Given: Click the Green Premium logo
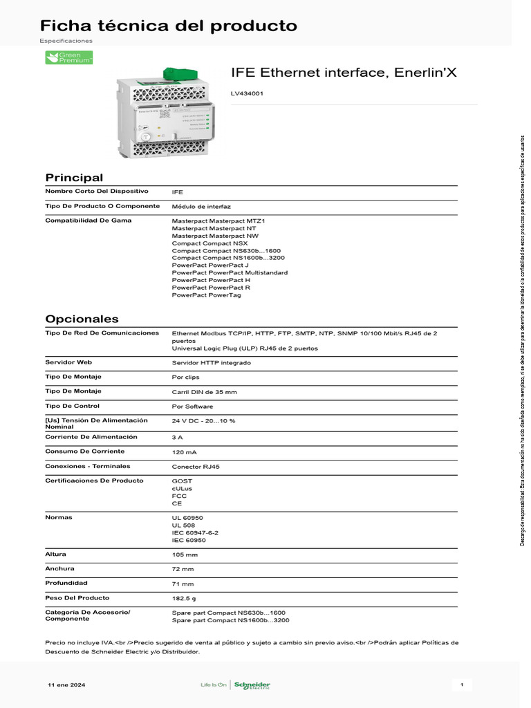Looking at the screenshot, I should (x=69, y=57).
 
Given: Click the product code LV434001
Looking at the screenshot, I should (x=247, y=93).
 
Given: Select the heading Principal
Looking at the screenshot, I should (x=74, y=178).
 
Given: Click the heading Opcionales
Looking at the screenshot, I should (x=82, y=319).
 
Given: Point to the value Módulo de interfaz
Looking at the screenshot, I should (x=201, y=206).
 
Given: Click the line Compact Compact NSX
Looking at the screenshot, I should (x=209, y=243).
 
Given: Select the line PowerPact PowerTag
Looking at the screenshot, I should (x=206, y=295).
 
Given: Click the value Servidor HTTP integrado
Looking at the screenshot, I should (x=212, y=362).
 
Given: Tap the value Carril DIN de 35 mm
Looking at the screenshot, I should (x=204, y=391).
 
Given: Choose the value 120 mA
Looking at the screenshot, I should (x=184, y=451).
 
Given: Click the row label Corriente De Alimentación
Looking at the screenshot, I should (x=91, y=437).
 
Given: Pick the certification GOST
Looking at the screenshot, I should (x=182, y=481).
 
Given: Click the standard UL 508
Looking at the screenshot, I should (x=183, y=525).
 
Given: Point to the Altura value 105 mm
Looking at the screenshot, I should (x=185, y=555).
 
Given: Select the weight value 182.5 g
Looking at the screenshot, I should (x=184, y=598).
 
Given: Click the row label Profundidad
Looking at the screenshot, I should (x=67, y=583).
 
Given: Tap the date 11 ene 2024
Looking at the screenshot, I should (x=66, y=685).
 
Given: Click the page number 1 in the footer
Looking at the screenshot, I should (x=461, y=685).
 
